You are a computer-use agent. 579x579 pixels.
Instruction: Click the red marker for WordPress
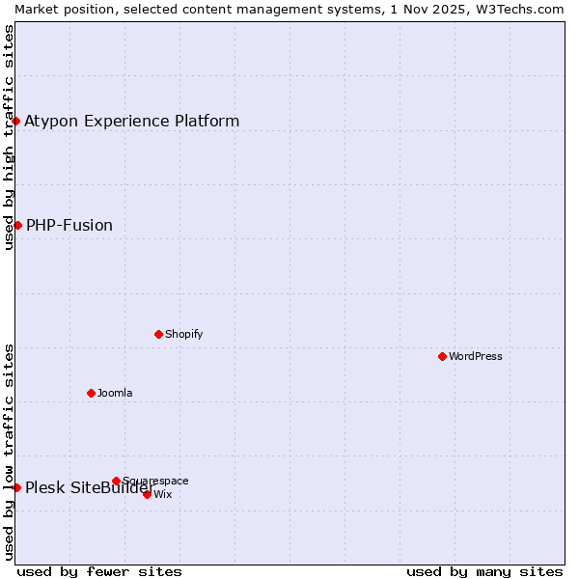point(442,356)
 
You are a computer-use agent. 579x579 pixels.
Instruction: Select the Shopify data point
point(158,334)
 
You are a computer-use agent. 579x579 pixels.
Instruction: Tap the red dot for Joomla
point(91,393)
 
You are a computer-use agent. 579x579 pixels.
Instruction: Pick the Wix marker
point(147,494)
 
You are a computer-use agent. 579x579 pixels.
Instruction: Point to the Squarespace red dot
point(116,481)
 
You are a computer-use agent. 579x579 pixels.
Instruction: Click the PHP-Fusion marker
point(17,225)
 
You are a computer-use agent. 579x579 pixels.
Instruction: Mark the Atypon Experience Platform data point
point(15,121)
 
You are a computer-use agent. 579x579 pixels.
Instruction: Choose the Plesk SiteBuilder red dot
point(16,487)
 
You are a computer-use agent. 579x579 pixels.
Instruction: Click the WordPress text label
point(476,356)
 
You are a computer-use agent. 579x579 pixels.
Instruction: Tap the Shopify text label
point(183,334)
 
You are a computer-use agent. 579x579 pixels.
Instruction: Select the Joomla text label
point(115,393)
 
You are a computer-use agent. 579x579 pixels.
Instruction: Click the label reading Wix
point(163,494)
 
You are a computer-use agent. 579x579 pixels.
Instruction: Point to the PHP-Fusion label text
point(69,225)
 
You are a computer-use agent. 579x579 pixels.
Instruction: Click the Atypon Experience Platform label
point(131,121)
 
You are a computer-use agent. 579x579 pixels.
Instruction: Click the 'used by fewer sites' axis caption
point(99,571)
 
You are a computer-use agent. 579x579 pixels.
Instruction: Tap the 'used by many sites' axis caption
point(484,571)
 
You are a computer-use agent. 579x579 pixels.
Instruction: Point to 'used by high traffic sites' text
point(9,136)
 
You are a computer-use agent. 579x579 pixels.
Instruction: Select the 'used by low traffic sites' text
point(9,451)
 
